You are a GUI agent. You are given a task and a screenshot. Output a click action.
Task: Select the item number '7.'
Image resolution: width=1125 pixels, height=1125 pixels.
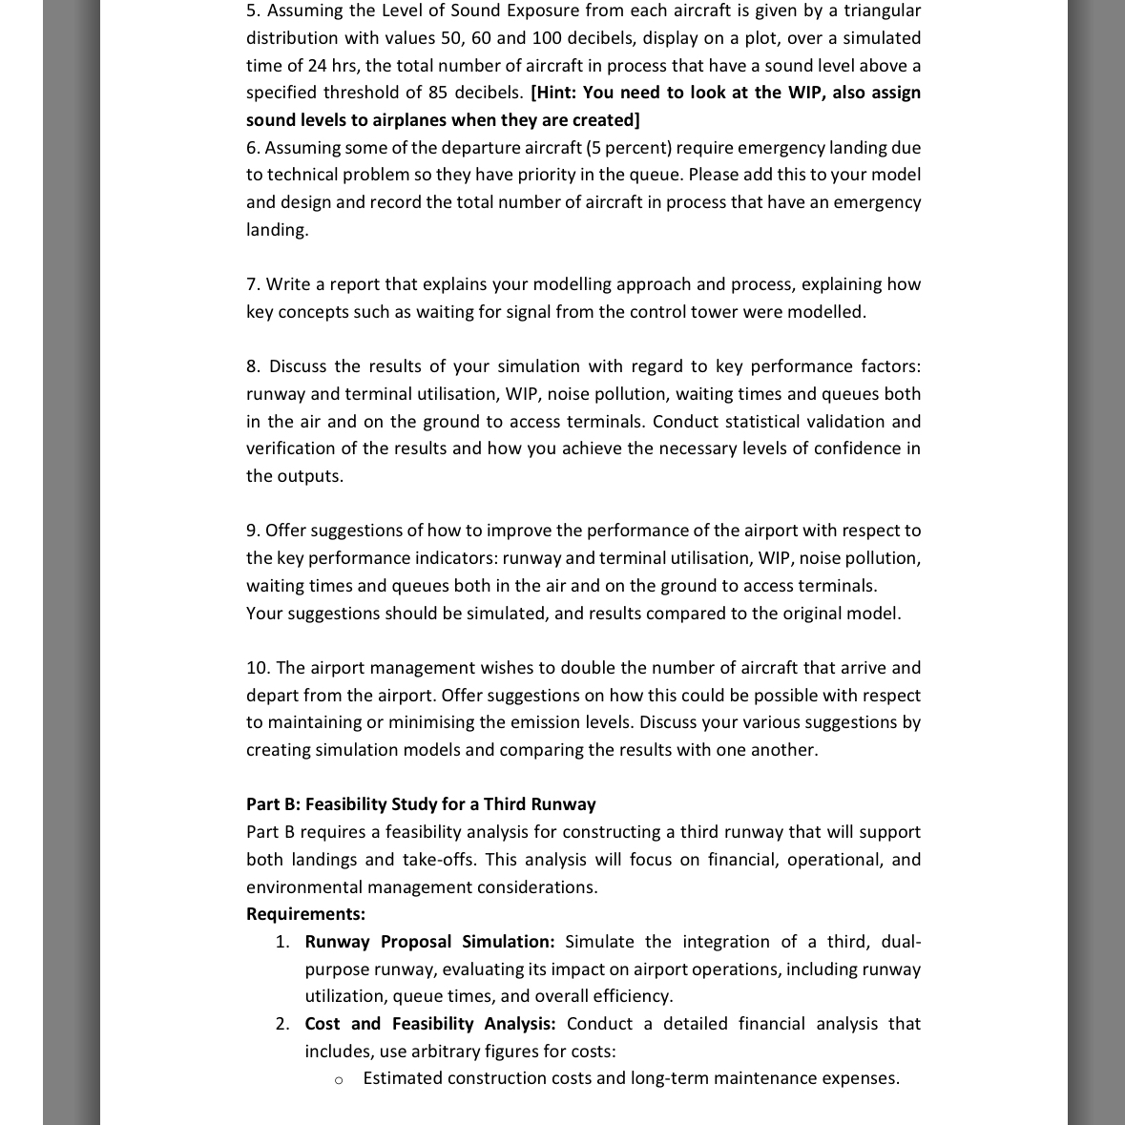point(253,284)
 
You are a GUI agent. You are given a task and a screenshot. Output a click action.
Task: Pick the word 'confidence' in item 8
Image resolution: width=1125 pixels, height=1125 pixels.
point(852,448)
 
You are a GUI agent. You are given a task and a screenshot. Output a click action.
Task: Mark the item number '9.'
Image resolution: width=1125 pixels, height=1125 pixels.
point(253,531)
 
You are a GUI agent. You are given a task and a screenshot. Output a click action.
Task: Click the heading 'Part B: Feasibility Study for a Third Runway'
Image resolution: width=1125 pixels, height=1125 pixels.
point(421,804)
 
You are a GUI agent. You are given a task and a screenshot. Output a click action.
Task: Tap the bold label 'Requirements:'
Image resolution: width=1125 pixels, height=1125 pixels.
point(305,914)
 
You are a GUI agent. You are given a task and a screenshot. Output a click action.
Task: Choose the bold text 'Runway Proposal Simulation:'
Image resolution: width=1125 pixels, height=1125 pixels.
point(429,942)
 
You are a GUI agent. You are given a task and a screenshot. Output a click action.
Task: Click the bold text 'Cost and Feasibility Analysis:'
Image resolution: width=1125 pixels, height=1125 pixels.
point(429,1024)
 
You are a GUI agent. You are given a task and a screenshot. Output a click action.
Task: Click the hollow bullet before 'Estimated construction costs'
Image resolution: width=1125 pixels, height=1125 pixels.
point(339,1079)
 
